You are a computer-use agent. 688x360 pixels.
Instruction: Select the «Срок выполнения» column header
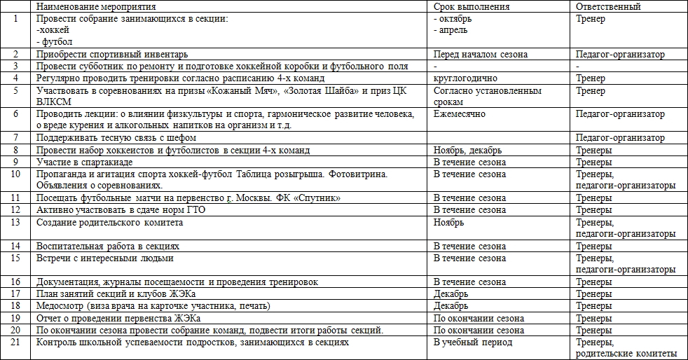[x=472, y=7]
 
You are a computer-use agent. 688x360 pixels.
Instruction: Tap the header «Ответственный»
[x=607, y=7]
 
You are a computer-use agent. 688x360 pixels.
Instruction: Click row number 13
[x=15, y=223]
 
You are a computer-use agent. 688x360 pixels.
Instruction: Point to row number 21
[x=15, y=342]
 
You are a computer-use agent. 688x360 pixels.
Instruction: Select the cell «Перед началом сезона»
[x=481, y=55]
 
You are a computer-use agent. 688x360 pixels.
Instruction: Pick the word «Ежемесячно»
[x=460, y=114]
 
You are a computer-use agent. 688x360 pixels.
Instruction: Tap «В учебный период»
[x=473, y=342]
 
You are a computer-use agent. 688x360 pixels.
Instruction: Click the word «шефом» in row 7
[x=181, y=138]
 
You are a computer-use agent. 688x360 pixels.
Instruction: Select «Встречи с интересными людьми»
[x=104, y=258]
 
